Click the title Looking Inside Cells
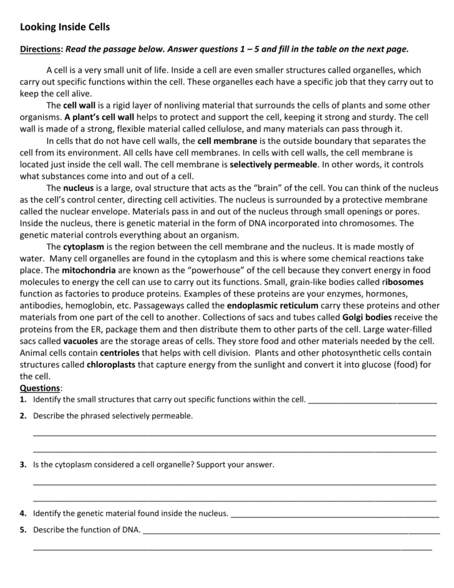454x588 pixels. (65, 27)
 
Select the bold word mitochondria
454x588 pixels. (87, 270)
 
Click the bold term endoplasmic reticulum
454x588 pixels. (273, 306)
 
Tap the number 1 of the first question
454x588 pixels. (22, 400)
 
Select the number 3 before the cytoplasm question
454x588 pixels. (22, 465)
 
